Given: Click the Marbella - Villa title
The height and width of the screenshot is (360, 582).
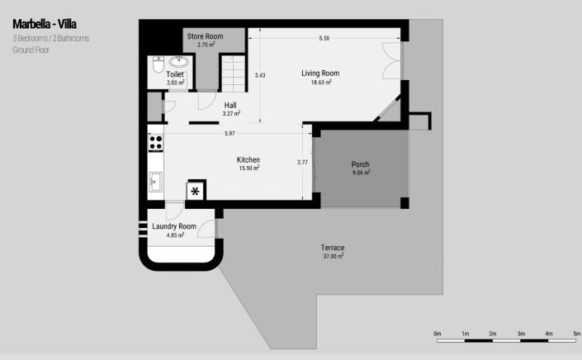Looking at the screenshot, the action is coord(45,24).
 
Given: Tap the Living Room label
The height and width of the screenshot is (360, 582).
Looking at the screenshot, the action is coord(320,73).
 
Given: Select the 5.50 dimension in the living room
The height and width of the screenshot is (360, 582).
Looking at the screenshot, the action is coord(324,38).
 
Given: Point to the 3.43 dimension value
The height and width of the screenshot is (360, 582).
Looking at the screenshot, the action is coord(260,75).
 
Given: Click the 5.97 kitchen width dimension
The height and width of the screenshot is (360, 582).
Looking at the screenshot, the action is coord(229,133).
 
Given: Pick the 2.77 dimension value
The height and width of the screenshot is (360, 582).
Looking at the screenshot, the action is coord(302,162).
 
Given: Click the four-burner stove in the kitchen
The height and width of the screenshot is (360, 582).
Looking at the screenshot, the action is coord(156,143).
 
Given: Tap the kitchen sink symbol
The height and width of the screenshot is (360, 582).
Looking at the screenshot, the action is coord(155,182).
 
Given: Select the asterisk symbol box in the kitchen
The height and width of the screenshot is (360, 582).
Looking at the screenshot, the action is coord(195,192).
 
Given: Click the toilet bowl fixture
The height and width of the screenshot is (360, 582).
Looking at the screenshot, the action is coord(159,64).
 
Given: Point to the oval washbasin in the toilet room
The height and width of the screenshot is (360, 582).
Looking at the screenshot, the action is coord(179,61).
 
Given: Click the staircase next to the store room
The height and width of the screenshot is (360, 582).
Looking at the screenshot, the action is coord(234,73).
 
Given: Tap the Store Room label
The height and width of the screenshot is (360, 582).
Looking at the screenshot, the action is coord(206,36).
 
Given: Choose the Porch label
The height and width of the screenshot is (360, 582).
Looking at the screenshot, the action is coord(361,164).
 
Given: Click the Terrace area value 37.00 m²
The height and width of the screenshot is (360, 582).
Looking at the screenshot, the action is coord(334,256).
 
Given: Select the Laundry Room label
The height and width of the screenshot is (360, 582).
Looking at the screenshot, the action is coord(174,226).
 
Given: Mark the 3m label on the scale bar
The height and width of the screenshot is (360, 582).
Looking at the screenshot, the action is coord(521,334).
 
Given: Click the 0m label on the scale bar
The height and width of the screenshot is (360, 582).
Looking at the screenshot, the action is coord(438,334).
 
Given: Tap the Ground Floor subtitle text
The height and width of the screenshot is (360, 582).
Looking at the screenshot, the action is coord(31,50).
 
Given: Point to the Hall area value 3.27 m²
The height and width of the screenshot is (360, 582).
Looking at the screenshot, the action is coord(231,113).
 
